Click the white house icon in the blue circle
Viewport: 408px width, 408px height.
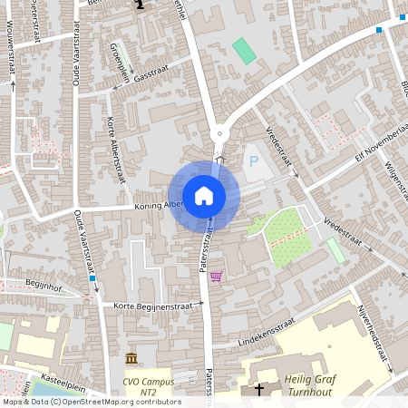(204, 195)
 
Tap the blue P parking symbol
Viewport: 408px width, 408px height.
(253, 161)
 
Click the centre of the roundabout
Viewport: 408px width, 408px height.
(218, 134)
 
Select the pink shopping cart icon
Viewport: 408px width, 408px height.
(216, 277)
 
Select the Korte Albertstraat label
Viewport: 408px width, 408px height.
(115, 150)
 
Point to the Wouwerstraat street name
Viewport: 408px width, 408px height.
(13, 54)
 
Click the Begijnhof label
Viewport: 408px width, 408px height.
(30, 284)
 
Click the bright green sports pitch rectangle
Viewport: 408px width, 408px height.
(244, 50)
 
